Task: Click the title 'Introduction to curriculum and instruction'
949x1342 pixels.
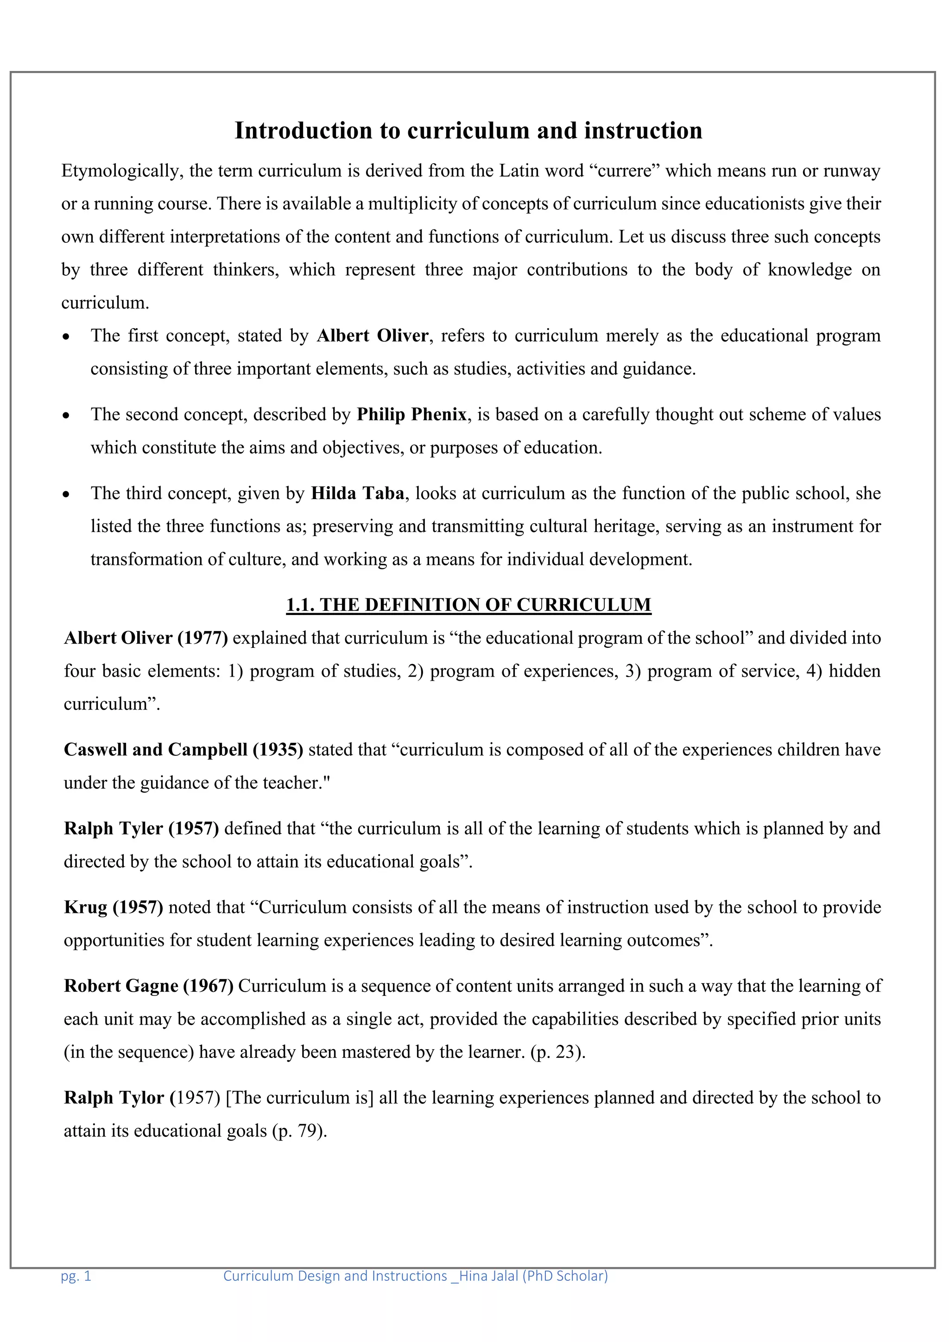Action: click(468, 130)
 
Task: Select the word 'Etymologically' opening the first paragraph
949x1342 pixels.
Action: click(122, 171)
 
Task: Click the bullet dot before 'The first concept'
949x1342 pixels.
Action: click(67, 337)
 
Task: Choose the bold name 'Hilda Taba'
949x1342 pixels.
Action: click(357, 494)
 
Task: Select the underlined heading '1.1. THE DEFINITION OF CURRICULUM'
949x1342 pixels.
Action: click(468, 605)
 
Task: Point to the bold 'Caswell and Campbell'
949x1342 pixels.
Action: click(155, 749)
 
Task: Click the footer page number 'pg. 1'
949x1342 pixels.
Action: click(76, 1276)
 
